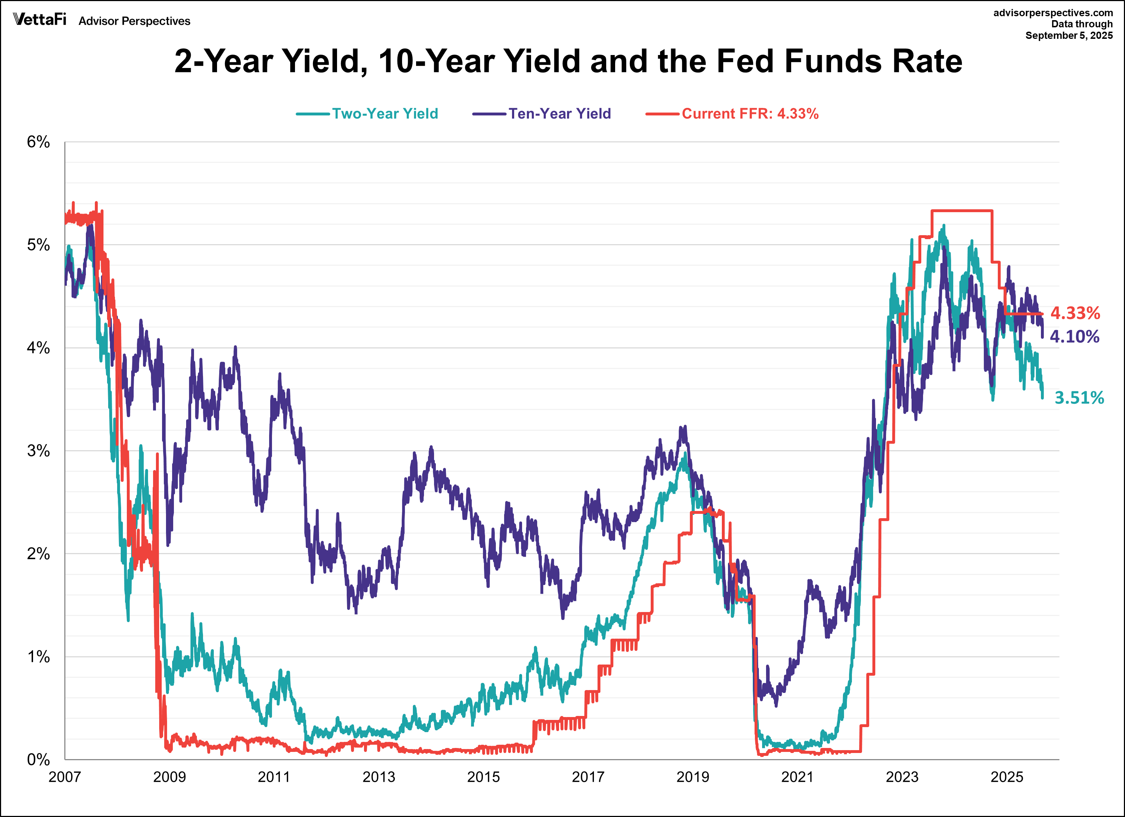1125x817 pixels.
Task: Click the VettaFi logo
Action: click(40, 20)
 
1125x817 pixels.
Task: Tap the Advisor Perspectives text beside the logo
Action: click(134, 21)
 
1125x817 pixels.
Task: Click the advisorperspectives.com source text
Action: click(1052, 13)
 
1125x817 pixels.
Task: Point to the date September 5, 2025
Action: click(1069, 36)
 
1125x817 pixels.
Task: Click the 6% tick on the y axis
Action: click(38, 142)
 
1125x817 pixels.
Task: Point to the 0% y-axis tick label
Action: click(38, 759)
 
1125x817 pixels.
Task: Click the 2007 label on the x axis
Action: click(64, 777)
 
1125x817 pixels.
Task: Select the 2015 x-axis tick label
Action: click(483, 777)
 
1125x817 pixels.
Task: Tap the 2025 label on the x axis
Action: click(1006, 777)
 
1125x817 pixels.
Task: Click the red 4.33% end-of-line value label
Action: click(1075, 313)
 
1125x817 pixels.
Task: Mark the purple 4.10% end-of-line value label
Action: click(1074, 337)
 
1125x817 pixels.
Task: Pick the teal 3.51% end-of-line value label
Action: click(1079, 398)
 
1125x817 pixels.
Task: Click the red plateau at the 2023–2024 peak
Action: click(962, 211)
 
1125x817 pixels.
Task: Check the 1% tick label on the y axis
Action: click(38, 657)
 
